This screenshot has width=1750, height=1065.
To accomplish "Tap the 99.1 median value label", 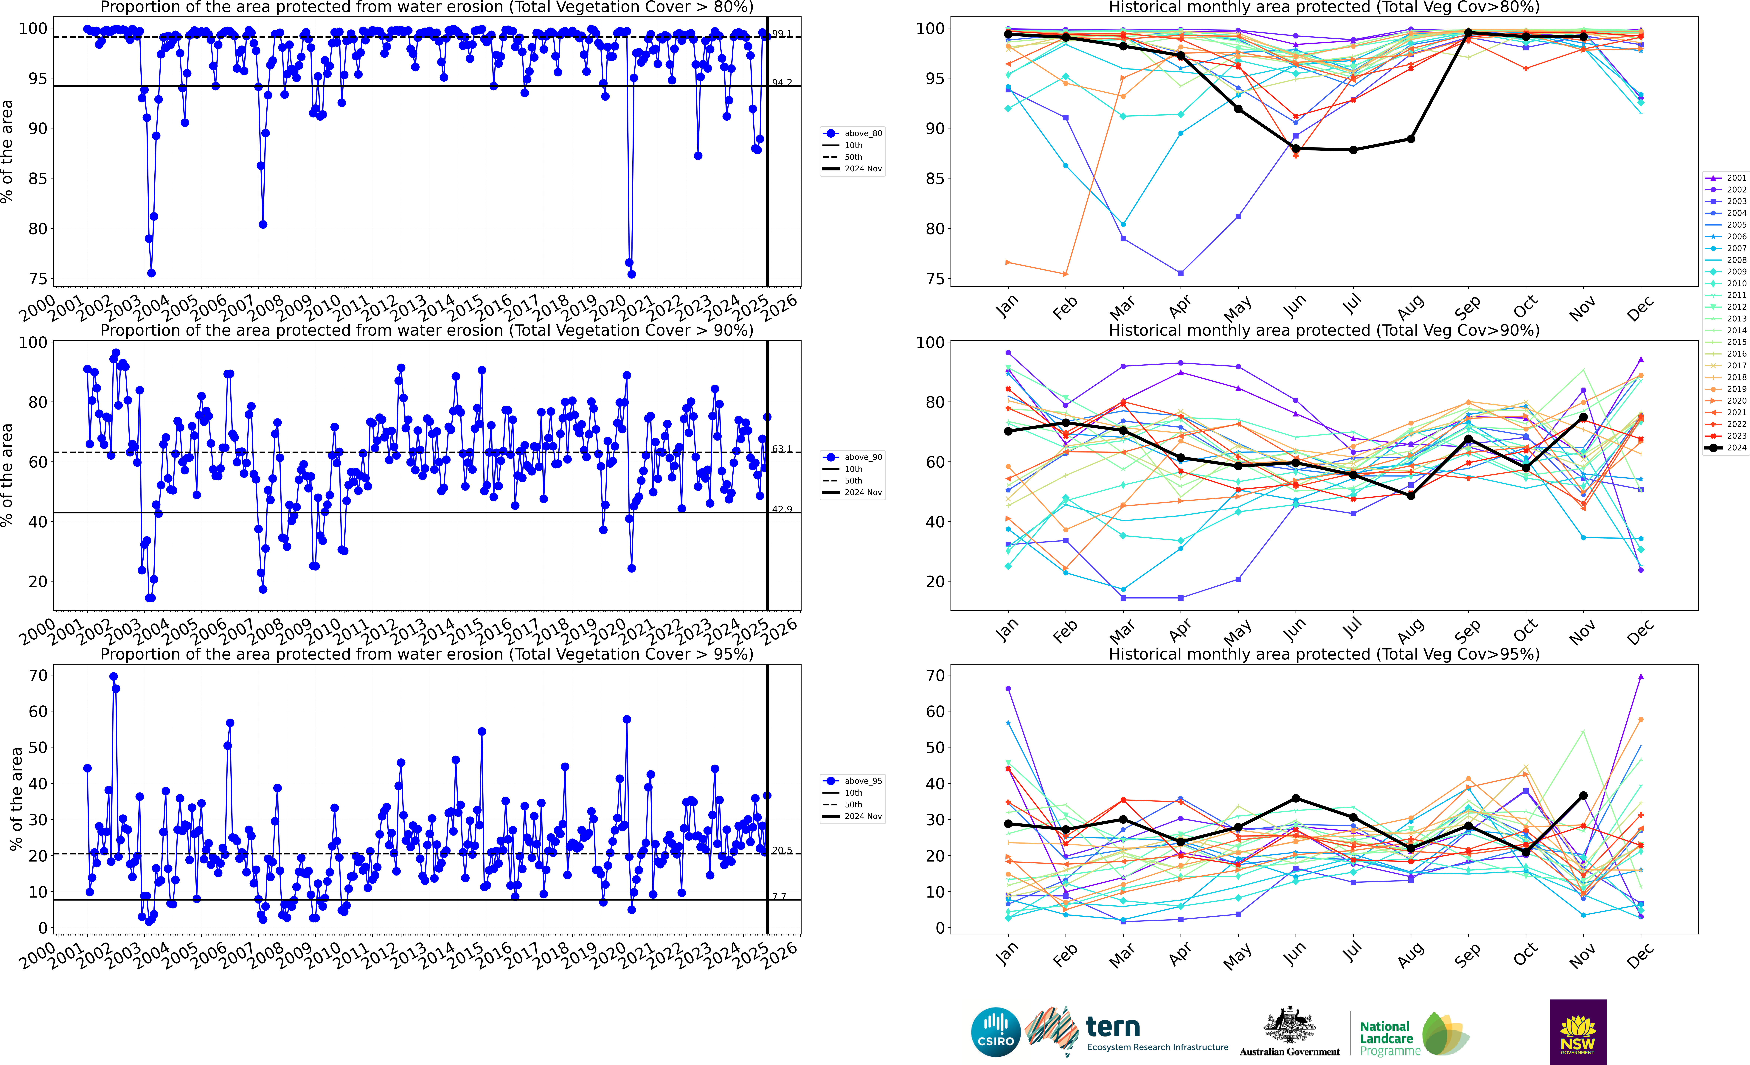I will [x=782, y=33].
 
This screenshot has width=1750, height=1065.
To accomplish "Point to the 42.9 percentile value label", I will [x=782, y=509].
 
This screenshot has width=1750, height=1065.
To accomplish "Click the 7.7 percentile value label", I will [x=779, y=896].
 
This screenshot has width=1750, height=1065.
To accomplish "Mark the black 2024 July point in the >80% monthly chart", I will [x=1353, y=150].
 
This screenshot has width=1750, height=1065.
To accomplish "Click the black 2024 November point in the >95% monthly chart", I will [x=1583, y=796].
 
